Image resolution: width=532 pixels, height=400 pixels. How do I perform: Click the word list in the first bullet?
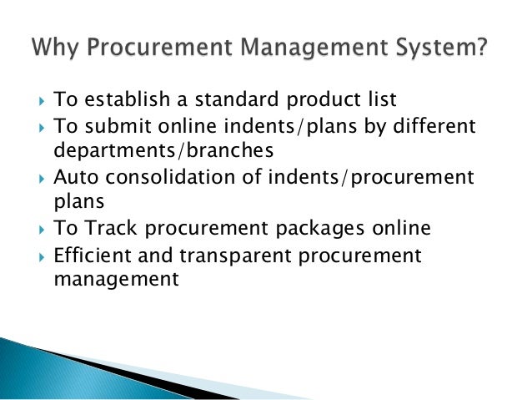click(x=380, y=101)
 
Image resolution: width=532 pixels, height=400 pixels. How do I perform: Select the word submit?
click(x=116, y=126)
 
